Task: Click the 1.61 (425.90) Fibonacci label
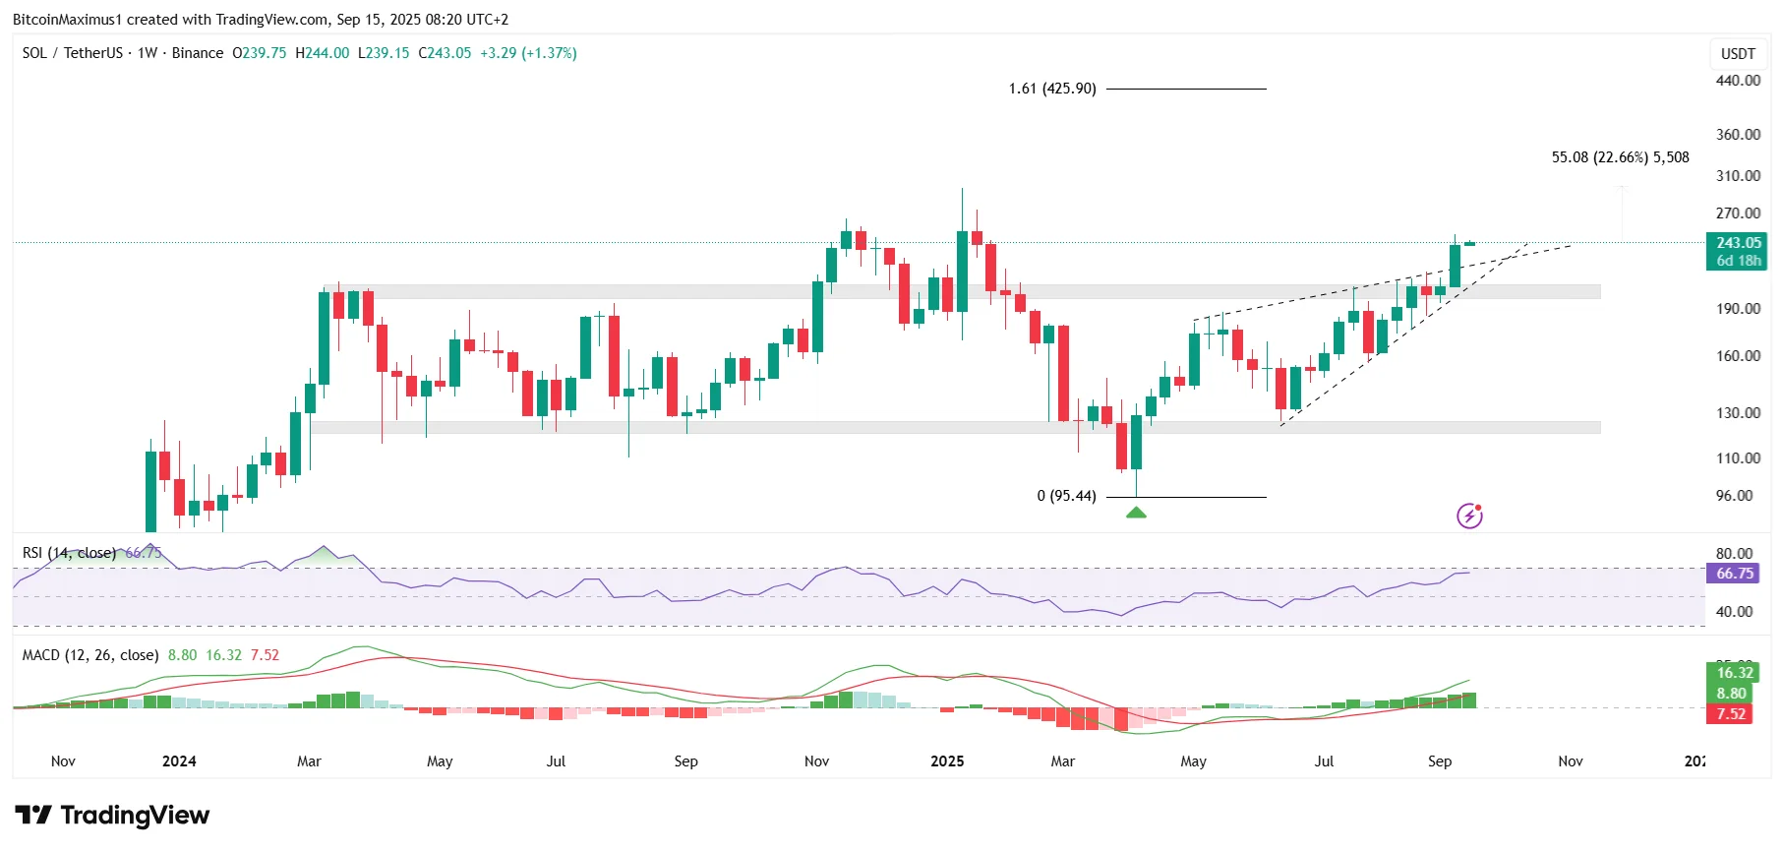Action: [1051, 89]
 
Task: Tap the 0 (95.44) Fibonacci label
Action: [1066, 496]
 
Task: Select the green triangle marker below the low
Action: [1136, 512]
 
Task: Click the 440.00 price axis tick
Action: [1738, 81]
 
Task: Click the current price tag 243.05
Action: [1738, 243]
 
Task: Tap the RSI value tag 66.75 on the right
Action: [1735, 574]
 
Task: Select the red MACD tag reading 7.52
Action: [1731, 714]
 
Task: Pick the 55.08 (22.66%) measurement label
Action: [1620, 157]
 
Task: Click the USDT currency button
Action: [1738, 54]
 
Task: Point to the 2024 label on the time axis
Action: [179, 761]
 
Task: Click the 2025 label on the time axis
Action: [947, 761]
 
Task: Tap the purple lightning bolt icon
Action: [1469, 516]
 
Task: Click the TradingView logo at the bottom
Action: [112, 816]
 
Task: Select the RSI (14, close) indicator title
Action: [69, 553]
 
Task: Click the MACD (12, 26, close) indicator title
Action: [90, 655]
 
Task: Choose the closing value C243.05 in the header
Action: [445, 53]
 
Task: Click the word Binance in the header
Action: [198, 53]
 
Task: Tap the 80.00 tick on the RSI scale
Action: [1734, 554]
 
